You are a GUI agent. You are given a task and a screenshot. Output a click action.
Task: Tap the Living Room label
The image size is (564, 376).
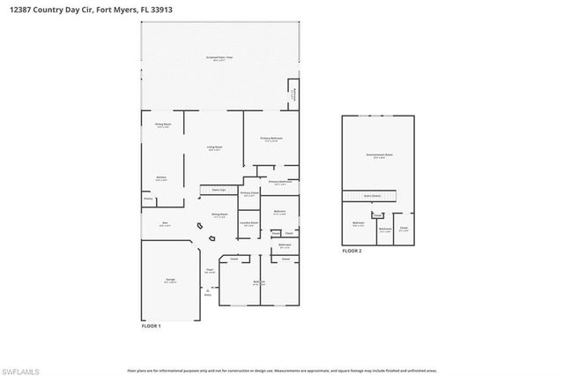[x=214, y=148]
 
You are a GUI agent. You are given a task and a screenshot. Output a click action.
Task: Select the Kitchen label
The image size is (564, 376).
[x=161, y=178]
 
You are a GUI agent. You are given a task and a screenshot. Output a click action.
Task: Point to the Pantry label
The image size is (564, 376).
[x=148, y=199]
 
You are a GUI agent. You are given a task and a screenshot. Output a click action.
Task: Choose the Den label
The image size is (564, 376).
[x=163, y=224]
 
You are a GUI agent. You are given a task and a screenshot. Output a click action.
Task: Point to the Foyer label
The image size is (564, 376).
[x=210, y=271]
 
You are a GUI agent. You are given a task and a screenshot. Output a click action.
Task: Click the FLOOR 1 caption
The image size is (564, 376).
[x=152, y=326]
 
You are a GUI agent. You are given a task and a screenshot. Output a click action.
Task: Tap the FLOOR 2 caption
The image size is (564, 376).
[x=352, y=251]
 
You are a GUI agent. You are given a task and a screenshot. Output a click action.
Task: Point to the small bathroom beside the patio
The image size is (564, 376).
[x=293, y=92]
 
